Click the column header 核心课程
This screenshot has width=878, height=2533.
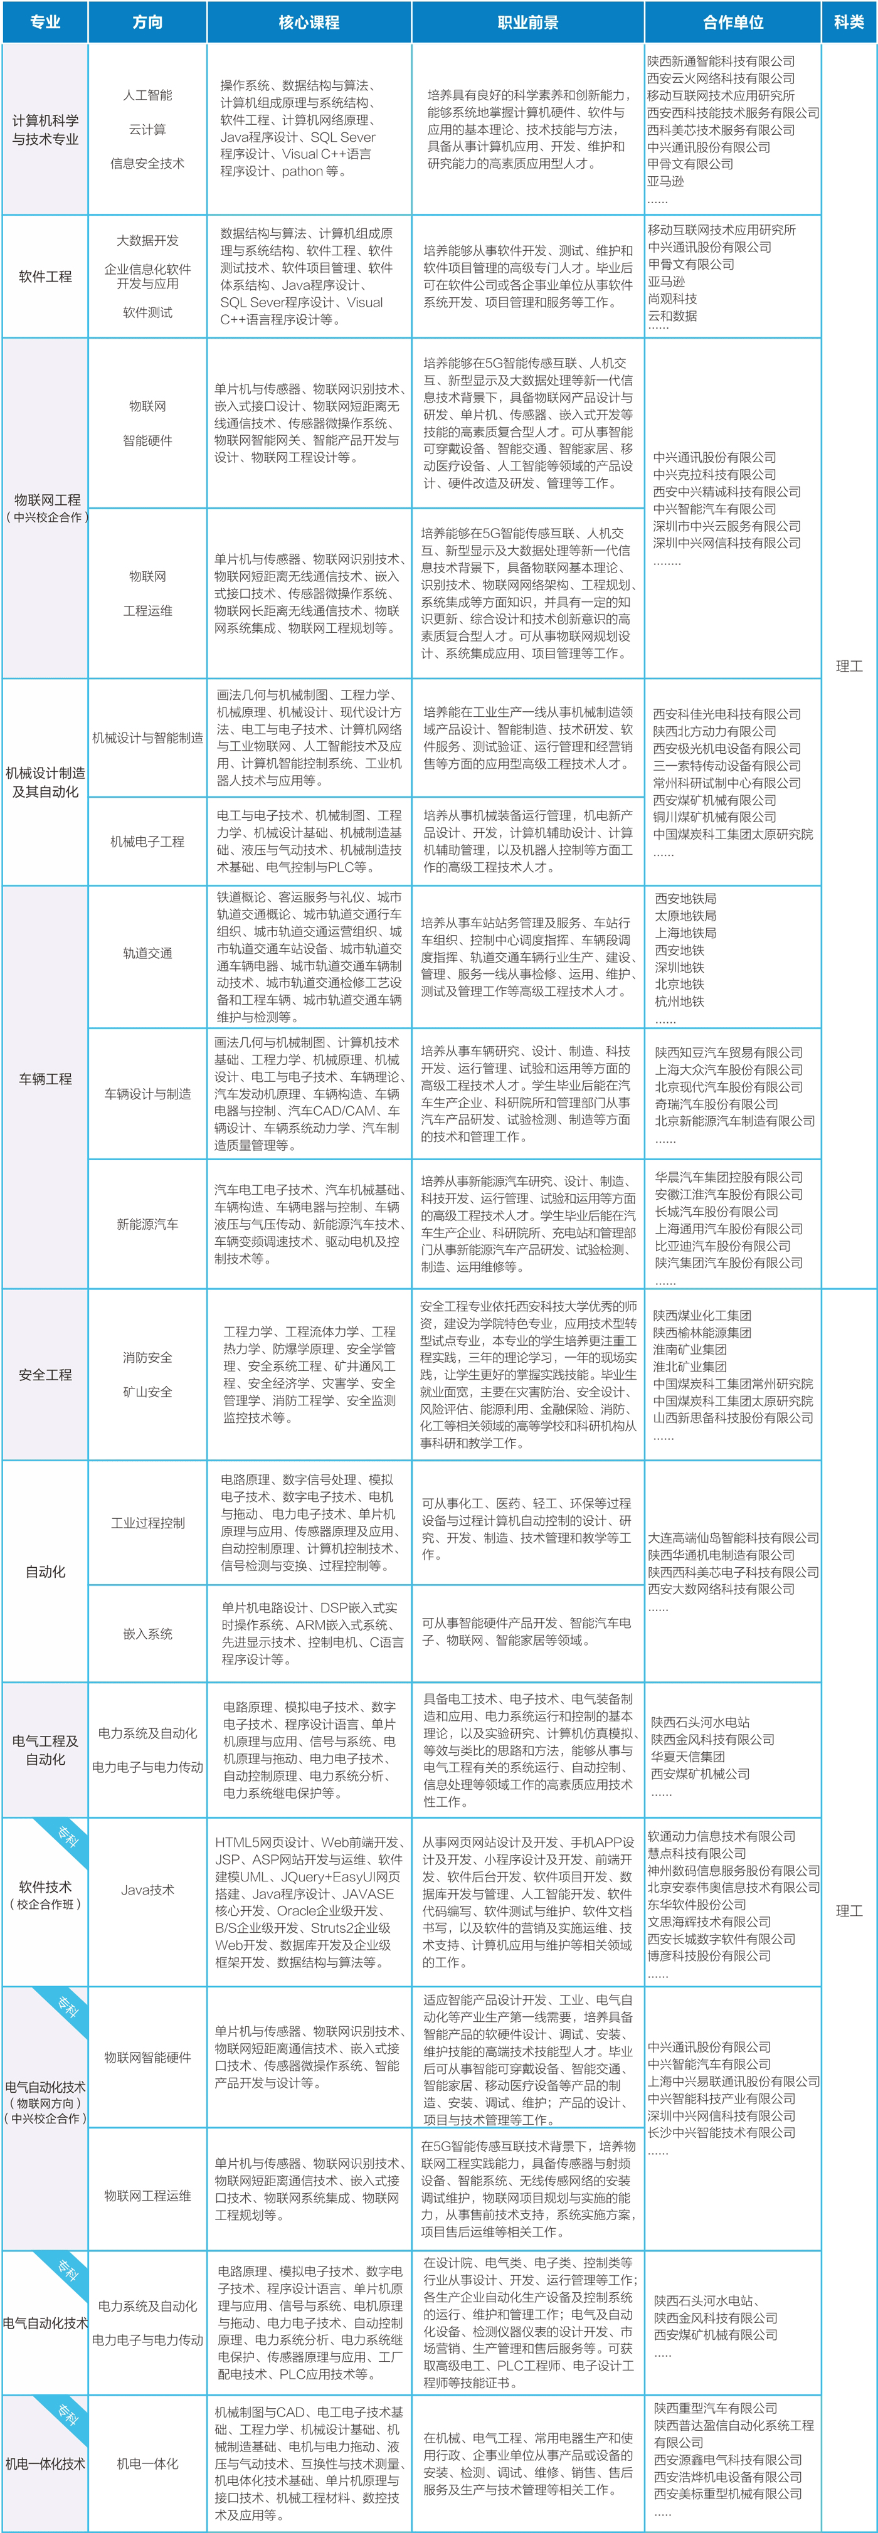tap(309, 21)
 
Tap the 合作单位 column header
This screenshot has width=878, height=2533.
tap(733, 21)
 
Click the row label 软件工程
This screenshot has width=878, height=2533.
tap(45, 277)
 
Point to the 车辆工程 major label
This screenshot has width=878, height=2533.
tap(45, 1079)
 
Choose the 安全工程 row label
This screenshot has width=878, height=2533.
tap(45, 1375)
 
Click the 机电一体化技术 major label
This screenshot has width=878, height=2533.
tap(45, 2464)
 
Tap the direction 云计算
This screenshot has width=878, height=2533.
tap(147, 129)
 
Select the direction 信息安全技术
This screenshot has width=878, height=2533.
tap(147, 163)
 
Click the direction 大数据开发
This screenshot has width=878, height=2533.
tap(147, 240)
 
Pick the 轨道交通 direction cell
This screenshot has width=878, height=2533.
tap(147, 953)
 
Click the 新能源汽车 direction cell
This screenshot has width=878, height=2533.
tap(147, 1224)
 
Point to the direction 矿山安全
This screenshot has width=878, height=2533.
tap(147, 1392)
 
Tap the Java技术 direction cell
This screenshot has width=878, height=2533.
tap(147, 1890)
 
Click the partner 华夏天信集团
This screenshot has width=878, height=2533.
tap(687, 1756)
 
